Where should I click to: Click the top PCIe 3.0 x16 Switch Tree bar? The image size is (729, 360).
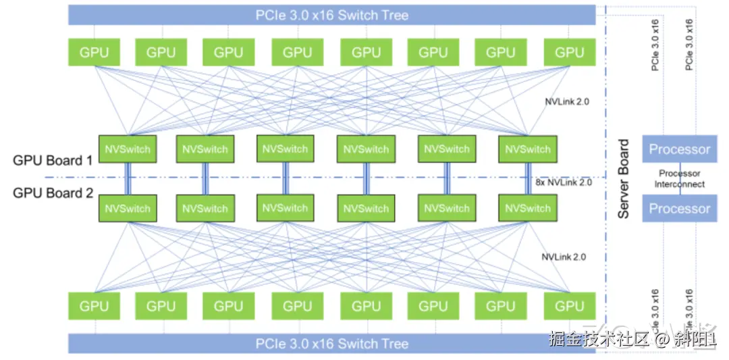pyautogui.click(x=331, y=15)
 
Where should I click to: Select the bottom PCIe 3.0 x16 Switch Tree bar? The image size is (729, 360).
pyautogui.click(x=331, y=343)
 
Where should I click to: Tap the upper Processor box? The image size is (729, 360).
pyautogui.click(x=679, y=149)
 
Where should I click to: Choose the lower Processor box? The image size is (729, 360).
pyautogui.click(x=679, y=208)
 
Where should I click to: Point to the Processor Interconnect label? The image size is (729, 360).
pyautogui.click(x=679, y=179)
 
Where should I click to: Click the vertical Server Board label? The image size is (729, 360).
pyautogui.click(x=624, y=179)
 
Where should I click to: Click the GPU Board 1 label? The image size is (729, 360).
pyautogui.click(x=53, y=161)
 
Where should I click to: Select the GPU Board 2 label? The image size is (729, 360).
pyautogui.click(x=53, y=193)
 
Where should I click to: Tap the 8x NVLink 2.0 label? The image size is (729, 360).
pyautogui.click(x=563, y=182)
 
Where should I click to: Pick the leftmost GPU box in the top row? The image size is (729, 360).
pyautogui.click(x=94, y=52)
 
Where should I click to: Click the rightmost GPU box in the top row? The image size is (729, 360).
pyautogui.click(x=568, y=52)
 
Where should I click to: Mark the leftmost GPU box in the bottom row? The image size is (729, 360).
pyautogui.click(x=94, y=306)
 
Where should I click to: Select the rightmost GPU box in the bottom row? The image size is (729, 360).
pyautogui.click(x=568, y=306)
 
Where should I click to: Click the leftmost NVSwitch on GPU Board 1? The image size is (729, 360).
pyautogui.click(x=128, y=149)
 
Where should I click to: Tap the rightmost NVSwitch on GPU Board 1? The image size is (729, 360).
pyautogui.click(x=527, y=149)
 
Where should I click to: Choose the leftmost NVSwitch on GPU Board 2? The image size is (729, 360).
pyautogui.click(x=128, y=208)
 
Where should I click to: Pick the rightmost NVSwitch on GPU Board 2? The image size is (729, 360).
pyautogui.click(x=527, y=208)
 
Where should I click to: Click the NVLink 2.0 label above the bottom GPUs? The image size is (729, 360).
pyautogui.click(x=563, y=257)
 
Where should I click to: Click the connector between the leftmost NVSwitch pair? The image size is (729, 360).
pyautogui.click(x=128, y=178)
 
